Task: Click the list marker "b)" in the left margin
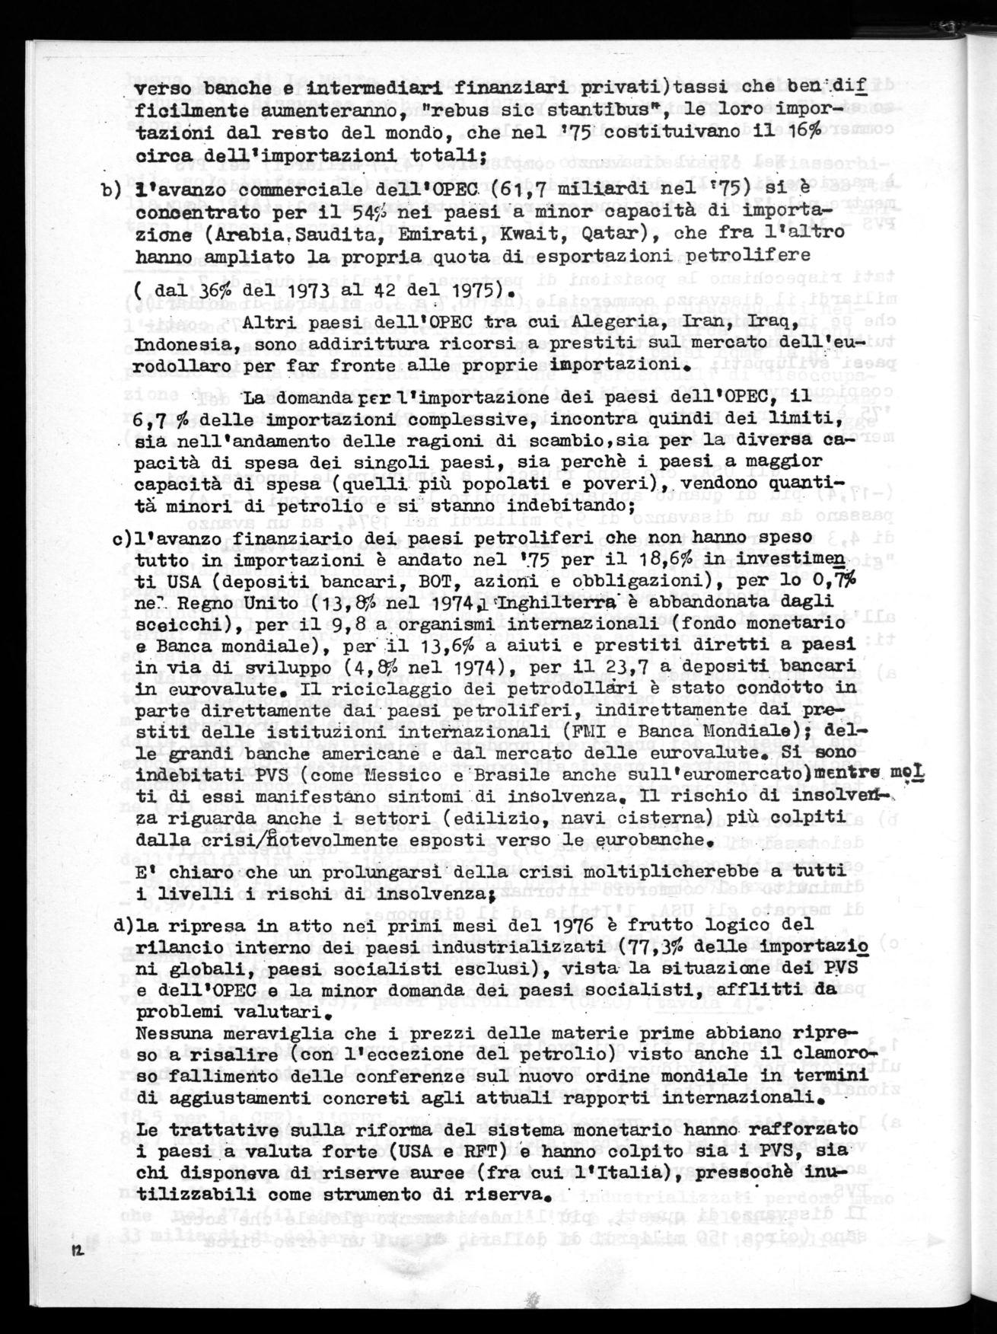tap(109, 190)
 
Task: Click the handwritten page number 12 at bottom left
tap(77, 1251)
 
